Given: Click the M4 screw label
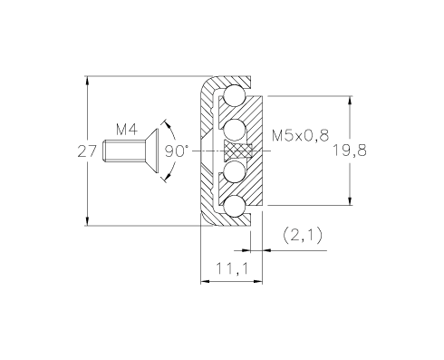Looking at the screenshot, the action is tap(127, 129).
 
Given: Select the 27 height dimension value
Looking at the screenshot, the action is tap(87, 151).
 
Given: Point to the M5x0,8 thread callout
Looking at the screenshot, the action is tap(300, 135).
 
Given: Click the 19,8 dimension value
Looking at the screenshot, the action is tap(350, 151).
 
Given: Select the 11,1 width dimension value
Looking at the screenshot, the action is tap(232, 268).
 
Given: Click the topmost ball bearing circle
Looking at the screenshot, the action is tap(235, 95).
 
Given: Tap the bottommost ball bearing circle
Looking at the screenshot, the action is tap(235, 206).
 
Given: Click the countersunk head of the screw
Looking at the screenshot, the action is tap(151, 151).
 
